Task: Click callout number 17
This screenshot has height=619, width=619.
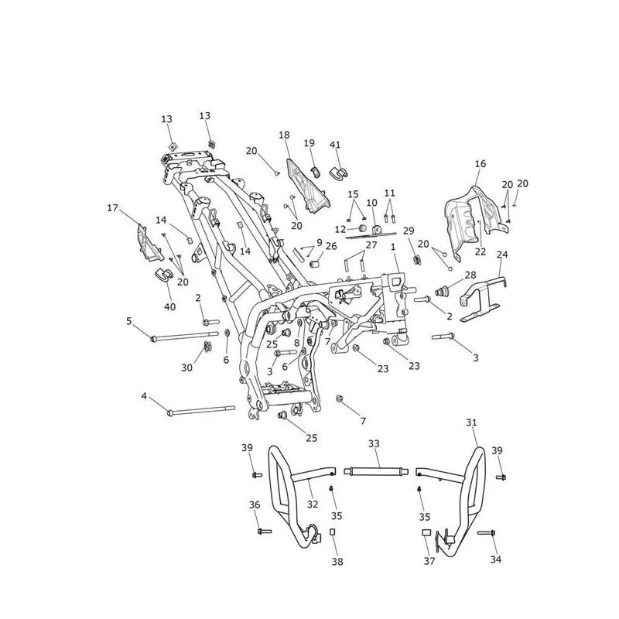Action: click(x=112, y=207)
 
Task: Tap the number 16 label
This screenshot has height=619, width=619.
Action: click(x=480, y=163)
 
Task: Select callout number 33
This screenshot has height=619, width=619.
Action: click(x=374, y=443)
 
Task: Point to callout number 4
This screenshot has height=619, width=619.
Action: click(x=144, y=395)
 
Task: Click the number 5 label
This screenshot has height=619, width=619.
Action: click(x=129, y=321)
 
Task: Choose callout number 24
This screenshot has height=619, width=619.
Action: click(x=501, y=255)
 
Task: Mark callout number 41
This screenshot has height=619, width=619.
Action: click(x=335, y=145)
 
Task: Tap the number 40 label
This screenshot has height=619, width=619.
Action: click(x=169, y=306)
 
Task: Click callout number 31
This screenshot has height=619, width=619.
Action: click(x=471, y=422)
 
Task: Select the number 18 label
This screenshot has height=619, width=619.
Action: click(x=284, y=135)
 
